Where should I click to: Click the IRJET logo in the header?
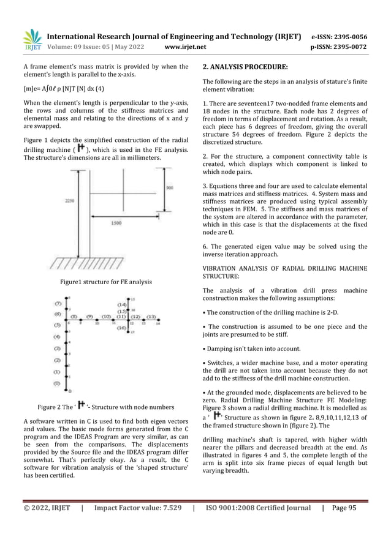click(x=32, y=39)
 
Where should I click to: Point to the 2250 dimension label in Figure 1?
click(x=68, y=200)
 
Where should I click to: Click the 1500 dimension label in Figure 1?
click(x=116, y=223)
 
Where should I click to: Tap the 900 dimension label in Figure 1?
click(x=170, y=187)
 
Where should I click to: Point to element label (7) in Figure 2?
click(x=58, y=303)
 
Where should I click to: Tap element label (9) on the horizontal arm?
click(x=89, y=317)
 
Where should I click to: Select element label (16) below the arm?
click(x=122, y=328)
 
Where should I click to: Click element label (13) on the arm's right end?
click(x=151, y=317)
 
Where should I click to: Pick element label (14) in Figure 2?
click(x=122, y=304)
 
